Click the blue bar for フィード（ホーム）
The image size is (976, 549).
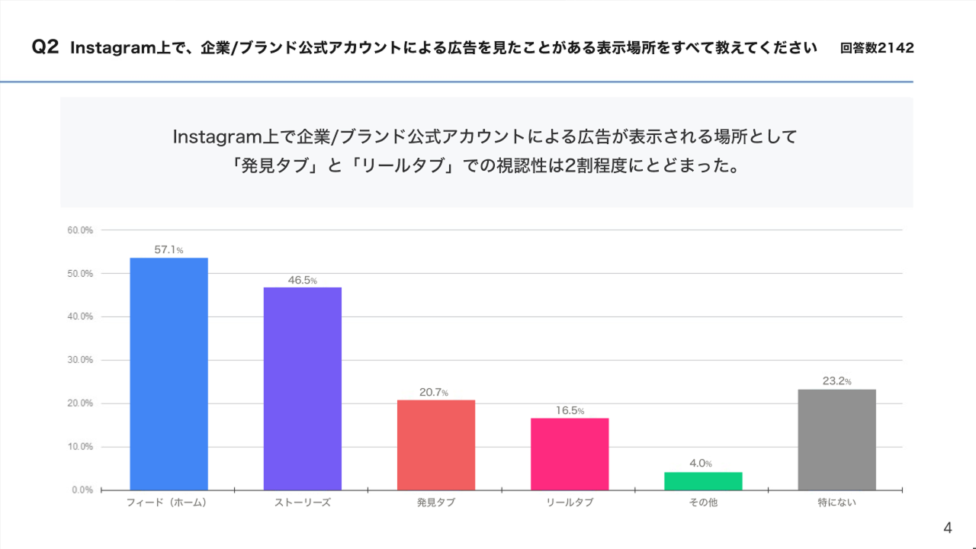tap(169, 374)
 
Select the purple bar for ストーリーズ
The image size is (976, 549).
tap(303, 388)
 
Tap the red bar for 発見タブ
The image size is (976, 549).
tap(436, 445)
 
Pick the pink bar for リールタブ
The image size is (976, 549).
tap(570, 454)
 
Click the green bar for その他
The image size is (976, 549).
tap(703, 480)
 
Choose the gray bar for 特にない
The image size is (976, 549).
tap(836, 439)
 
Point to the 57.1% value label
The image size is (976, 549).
tap(169, 249)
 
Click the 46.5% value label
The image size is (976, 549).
tap(303, 280)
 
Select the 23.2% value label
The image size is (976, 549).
tap(836, 380)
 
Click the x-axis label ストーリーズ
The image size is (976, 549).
tap(303, 503)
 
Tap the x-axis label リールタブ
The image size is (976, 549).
tap(570, 503)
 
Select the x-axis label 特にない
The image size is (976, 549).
tap(836, 503)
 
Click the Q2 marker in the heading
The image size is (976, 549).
tap(45, 48)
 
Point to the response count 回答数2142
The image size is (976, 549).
tap(877, 48)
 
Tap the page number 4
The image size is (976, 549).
tap(948, 528)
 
